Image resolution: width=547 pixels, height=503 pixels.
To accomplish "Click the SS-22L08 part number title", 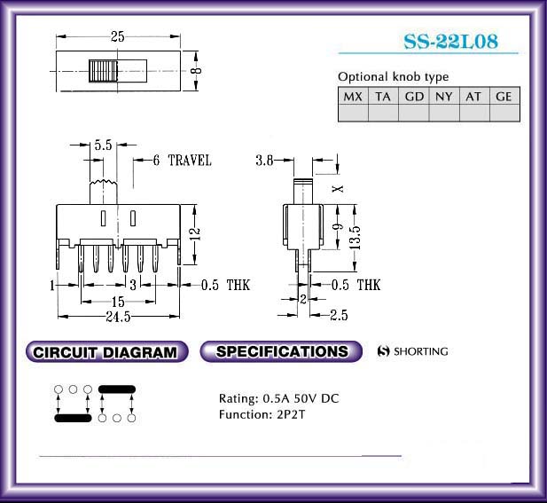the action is point(450,41).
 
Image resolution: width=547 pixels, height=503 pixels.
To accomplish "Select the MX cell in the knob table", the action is point(353,97).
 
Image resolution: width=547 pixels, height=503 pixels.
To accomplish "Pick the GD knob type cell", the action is point(414,97).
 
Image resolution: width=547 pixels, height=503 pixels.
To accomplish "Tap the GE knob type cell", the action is point(504,97).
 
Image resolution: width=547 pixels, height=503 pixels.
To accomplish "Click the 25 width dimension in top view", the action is point(118,36).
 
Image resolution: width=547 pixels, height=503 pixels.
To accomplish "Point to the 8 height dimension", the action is point(197,70).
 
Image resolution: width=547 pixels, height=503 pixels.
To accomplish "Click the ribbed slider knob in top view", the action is point(103,71).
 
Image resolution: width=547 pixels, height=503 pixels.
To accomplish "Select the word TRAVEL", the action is point(190,161).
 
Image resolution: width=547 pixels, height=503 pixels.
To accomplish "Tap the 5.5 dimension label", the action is point(103,145).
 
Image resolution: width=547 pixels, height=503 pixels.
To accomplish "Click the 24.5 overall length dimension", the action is point(118,317).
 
